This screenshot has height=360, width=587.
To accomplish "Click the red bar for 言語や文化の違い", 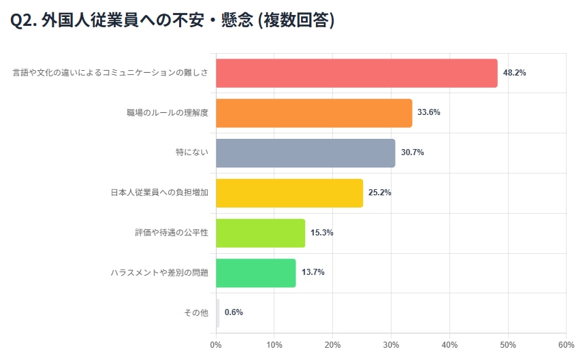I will [356, 73].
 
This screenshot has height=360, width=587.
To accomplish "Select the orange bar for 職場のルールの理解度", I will [314, 113].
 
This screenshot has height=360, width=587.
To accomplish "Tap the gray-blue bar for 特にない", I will [305, 152].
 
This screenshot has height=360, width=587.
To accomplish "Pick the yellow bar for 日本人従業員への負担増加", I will [289, 193].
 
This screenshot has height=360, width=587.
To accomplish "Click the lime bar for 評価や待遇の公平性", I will [260, 233].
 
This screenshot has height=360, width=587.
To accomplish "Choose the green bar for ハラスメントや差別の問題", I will [255, 272].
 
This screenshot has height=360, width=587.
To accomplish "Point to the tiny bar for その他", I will [218, 312].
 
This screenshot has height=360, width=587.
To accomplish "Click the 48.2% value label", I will [514, 73].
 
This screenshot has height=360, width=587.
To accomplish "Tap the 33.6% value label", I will [429, 113].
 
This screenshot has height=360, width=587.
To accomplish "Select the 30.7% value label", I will [412, 152].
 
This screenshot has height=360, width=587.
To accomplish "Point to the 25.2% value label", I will [380, 193].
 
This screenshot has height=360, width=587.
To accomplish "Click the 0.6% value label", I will [234, 312].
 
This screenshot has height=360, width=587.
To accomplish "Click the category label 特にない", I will [191, 152].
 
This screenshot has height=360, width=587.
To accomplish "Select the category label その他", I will [196, 312].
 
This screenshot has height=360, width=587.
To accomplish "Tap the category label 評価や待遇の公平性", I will [171, 233].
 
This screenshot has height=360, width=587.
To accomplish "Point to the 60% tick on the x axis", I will [566, 345].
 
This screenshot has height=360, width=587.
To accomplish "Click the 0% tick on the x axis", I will [216, 345].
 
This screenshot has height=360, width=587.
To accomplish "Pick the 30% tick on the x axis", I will [391, 345].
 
